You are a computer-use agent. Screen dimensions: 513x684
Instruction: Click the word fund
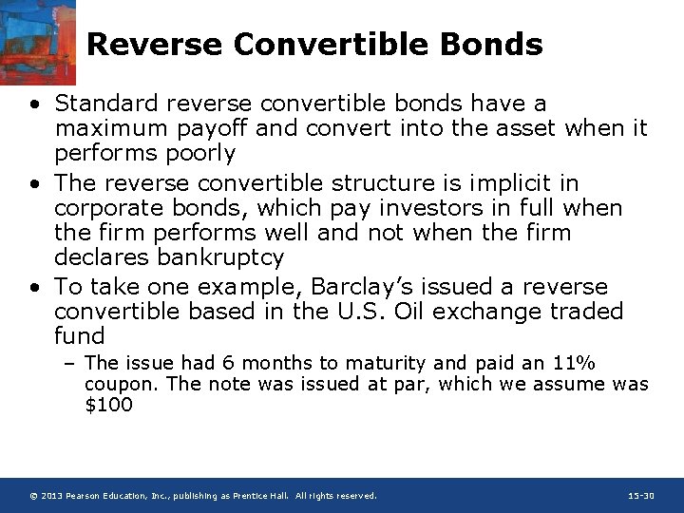80,336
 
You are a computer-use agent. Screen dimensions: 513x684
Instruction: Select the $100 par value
108,405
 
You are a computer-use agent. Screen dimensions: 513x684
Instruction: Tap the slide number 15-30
641,496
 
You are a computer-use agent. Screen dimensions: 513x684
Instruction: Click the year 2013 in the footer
53,496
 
